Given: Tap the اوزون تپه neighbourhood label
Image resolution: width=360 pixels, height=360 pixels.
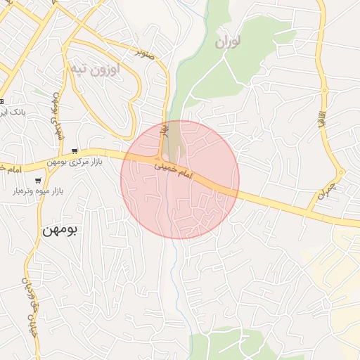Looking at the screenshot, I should (95, 69).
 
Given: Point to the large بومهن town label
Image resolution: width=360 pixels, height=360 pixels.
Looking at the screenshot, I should (62, 229).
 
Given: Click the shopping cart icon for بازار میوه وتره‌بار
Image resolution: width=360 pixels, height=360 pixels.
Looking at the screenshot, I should (38, 180).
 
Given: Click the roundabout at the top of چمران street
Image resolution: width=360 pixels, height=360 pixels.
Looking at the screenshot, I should (341, 172).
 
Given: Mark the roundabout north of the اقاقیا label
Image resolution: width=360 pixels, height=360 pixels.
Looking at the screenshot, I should (325, 90).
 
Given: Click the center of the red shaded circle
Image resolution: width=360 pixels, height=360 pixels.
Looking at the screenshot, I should (180, 180).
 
